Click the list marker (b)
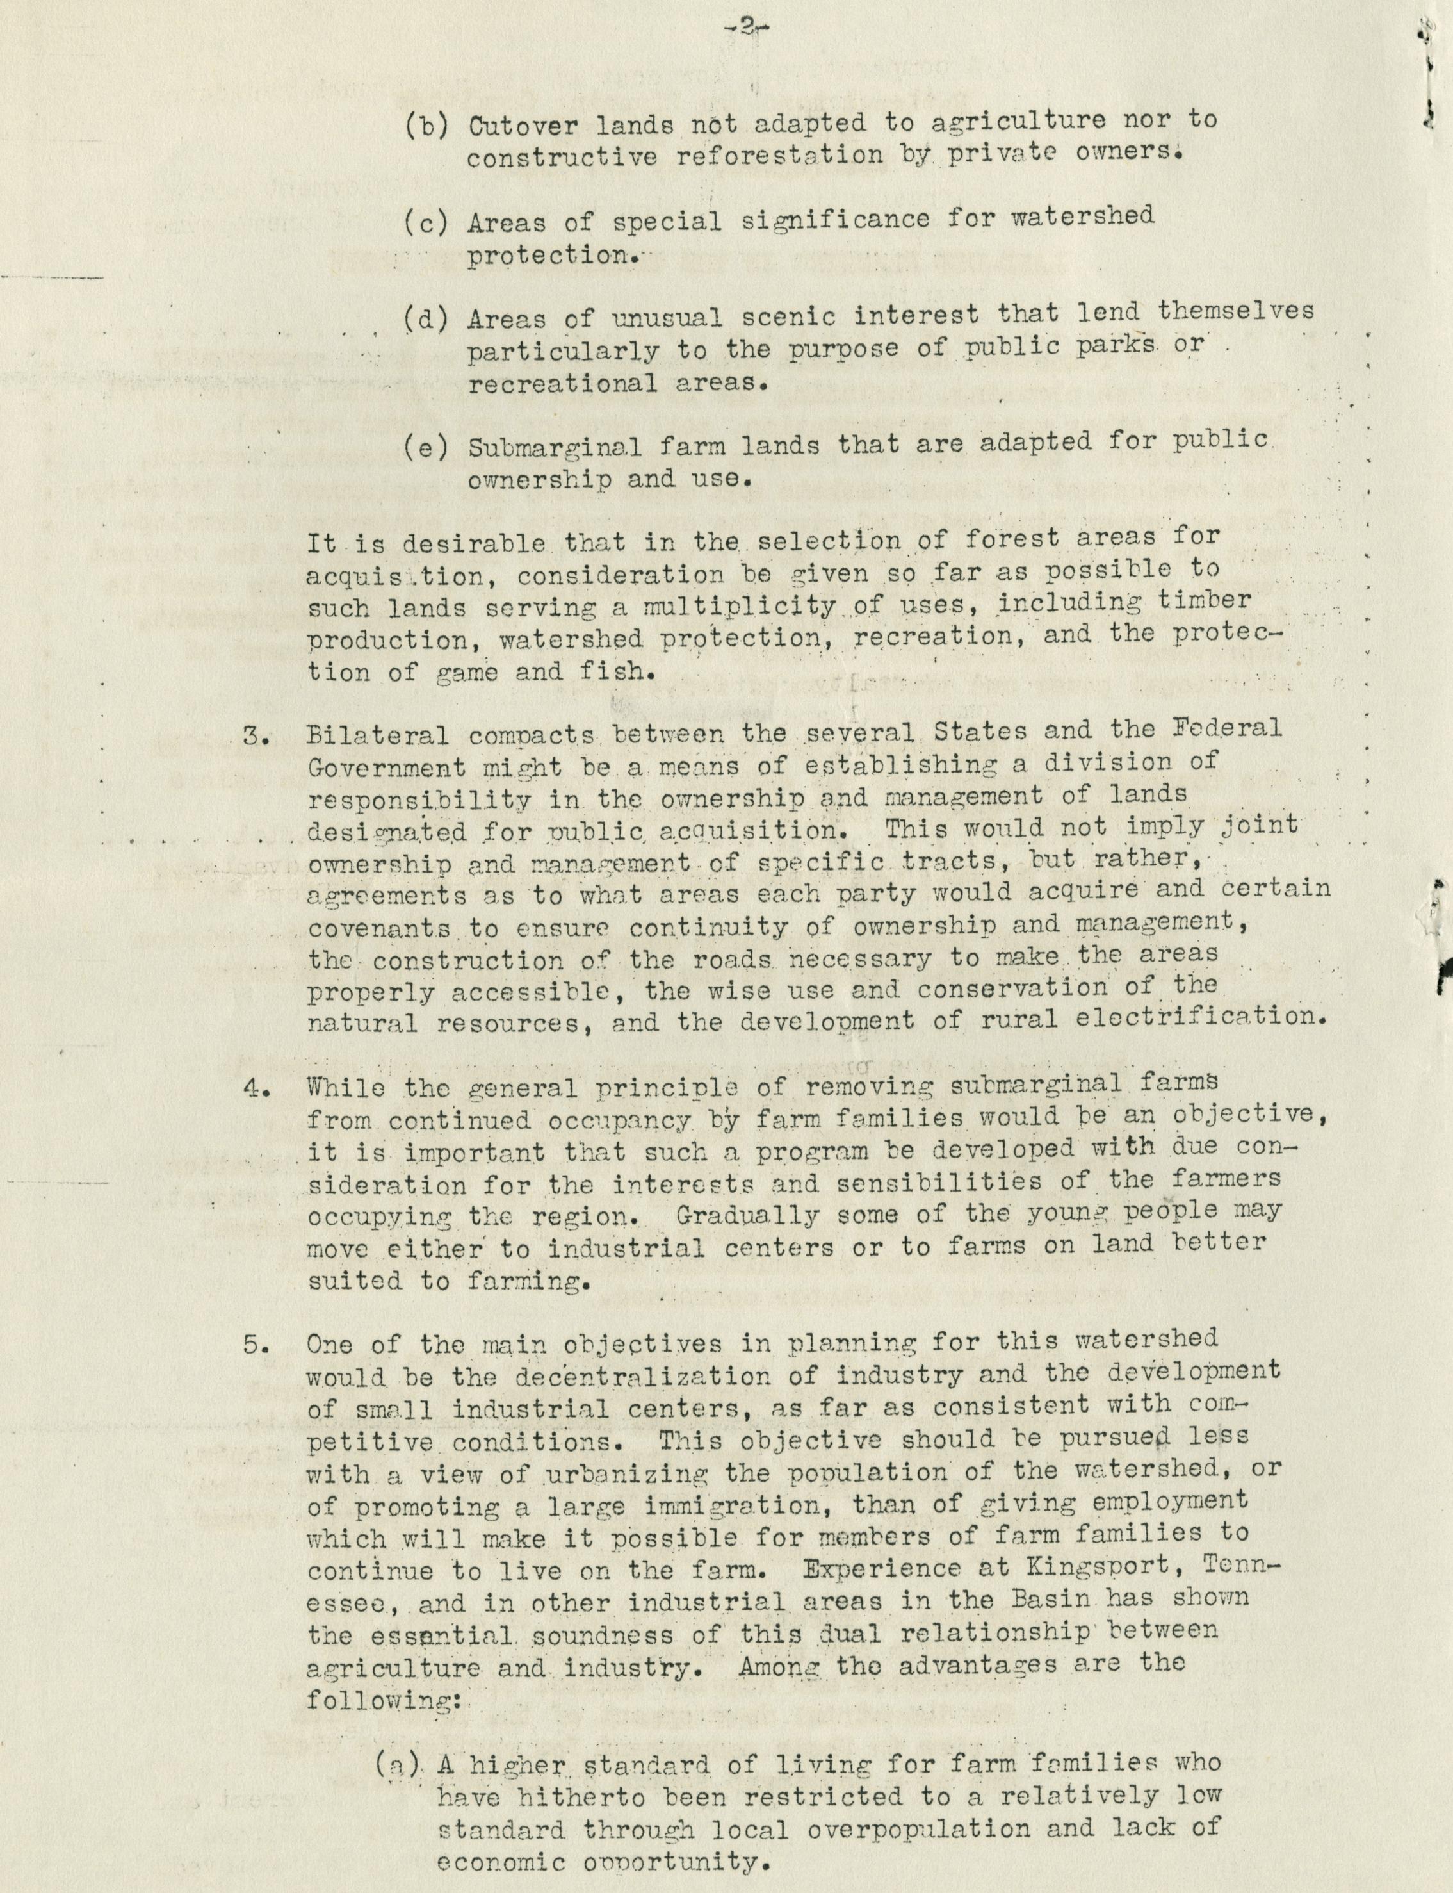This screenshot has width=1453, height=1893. [x=425, y=126]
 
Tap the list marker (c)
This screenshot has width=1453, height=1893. [x=425, y=222]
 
